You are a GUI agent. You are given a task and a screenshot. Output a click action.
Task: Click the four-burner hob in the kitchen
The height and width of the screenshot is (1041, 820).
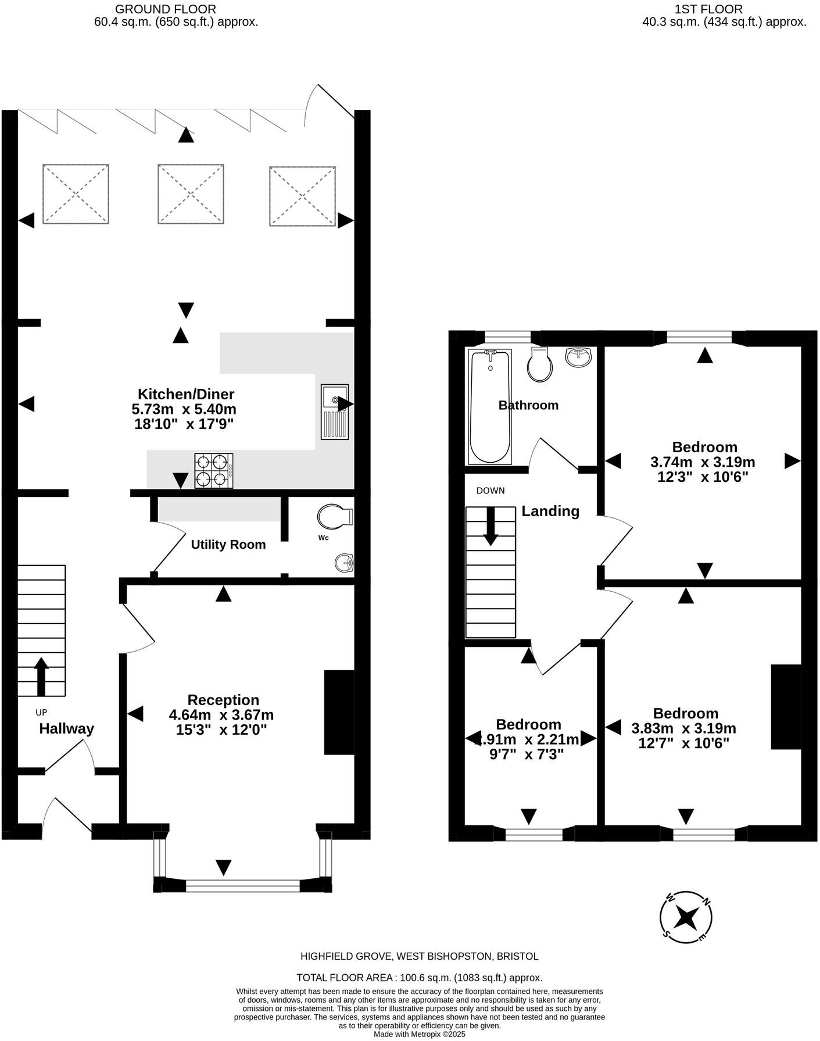[x=213, y=471]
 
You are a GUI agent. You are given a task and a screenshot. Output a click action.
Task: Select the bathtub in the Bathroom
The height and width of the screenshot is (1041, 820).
[x=489, y=406]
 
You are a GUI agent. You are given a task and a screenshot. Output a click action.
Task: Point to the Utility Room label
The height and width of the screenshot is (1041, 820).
[x=228, y=545]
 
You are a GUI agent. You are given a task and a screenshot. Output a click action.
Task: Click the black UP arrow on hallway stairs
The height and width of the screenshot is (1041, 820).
[x=41, y=676]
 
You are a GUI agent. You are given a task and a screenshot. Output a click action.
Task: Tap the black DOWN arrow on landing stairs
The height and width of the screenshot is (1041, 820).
[x=490, y=526]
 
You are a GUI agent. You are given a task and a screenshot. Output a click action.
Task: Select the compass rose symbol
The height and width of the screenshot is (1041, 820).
[x=686, y=918]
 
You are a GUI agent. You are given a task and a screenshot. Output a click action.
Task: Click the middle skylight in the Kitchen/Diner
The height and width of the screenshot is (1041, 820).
[x=191, y=194]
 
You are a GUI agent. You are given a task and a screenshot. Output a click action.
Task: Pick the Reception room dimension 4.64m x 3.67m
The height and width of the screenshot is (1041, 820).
[x=221, y=715]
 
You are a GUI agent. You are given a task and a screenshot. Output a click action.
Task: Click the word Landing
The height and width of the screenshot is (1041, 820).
[x=550, y=511]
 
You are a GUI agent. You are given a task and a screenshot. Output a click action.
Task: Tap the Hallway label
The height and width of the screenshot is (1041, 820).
[x=66, y=729]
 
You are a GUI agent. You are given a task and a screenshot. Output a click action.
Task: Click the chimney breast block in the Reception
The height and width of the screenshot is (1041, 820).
[x=339, y=712]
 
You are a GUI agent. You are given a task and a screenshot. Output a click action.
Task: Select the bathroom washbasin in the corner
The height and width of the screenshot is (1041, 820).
[x=578, y=357]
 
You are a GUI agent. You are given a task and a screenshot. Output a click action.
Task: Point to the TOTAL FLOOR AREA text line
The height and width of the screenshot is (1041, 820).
[x=419, y=978]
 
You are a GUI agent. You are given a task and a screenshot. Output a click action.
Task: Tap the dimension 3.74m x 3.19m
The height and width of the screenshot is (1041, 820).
[x=702, y=463]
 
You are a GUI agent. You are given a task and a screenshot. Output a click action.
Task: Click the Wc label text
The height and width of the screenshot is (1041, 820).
[x=323, y=538]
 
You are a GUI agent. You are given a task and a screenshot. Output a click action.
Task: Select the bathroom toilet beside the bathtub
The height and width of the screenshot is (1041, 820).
[x=539, y=364]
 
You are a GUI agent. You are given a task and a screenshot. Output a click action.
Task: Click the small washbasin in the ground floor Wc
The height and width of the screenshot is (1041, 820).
[x=344, y=563]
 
